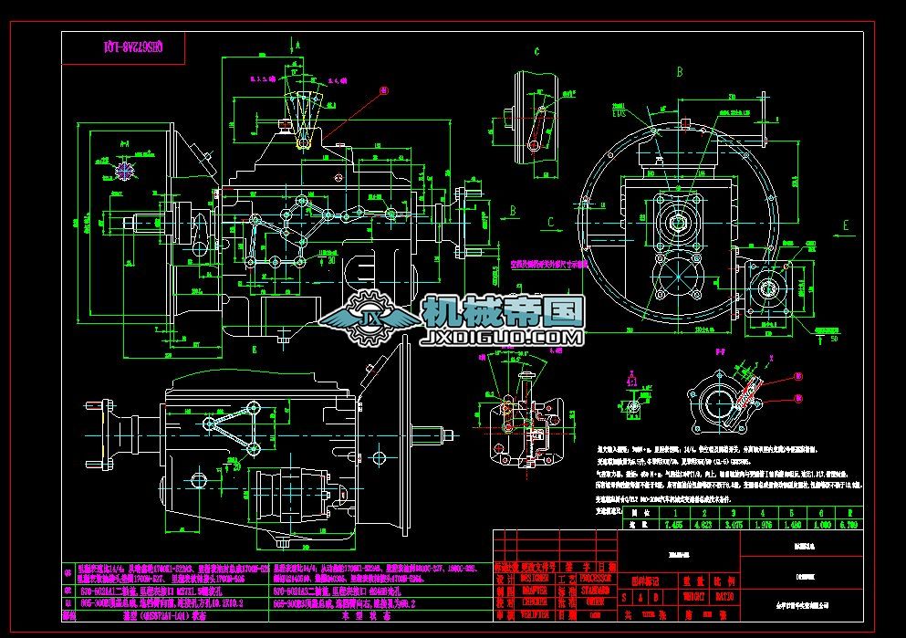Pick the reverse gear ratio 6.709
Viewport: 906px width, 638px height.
(849, 524)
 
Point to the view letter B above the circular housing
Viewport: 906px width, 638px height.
(679, 71)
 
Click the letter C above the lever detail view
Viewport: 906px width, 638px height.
(536, 52)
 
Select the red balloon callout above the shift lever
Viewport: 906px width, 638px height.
(383, 89)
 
